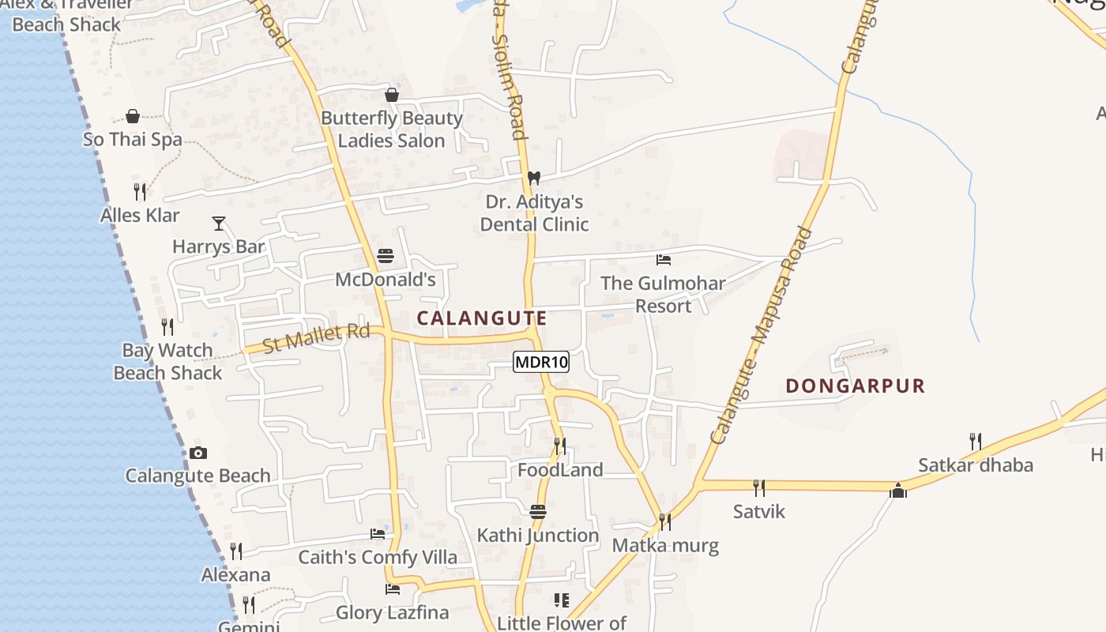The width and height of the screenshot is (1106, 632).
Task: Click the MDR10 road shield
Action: coord(541,363)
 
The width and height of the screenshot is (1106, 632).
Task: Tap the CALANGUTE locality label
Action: coord(481,318)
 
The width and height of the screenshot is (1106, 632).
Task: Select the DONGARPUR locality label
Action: coord(855,386)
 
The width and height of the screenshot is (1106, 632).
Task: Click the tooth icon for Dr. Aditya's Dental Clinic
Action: coord(534,178)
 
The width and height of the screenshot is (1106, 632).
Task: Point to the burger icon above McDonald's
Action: coord(386,256)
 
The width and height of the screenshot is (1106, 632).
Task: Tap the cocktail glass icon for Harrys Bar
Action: coord(219,224)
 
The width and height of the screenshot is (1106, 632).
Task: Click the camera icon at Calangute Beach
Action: coord(198,453)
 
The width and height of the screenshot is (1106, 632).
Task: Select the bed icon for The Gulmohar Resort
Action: coord(664,259)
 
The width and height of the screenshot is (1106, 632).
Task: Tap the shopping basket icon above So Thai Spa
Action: coord(133,117)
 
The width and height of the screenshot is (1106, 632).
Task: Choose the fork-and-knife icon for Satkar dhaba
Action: coord(976,441)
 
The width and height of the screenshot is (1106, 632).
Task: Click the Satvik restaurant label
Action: coord(759,512)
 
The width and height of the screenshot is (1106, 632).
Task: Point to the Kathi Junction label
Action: coord(538,536)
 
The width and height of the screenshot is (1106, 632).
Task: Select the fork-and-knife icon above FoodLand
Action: coord(560,446)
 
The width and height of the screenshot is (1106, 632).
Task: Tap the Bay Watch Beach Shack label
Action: coord(167,362)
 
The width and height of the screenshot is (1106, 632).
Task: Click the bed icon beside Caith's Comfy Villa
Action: coord(378,534)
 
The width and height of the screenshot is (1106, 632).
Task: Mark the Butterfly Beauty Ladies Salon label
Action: coord(392,130)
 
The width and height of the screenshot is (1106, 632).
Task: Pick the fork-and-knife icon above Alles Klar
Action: coord(140,191)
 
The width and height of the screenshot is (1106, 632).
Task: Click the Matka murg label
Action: coord(665,546)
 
